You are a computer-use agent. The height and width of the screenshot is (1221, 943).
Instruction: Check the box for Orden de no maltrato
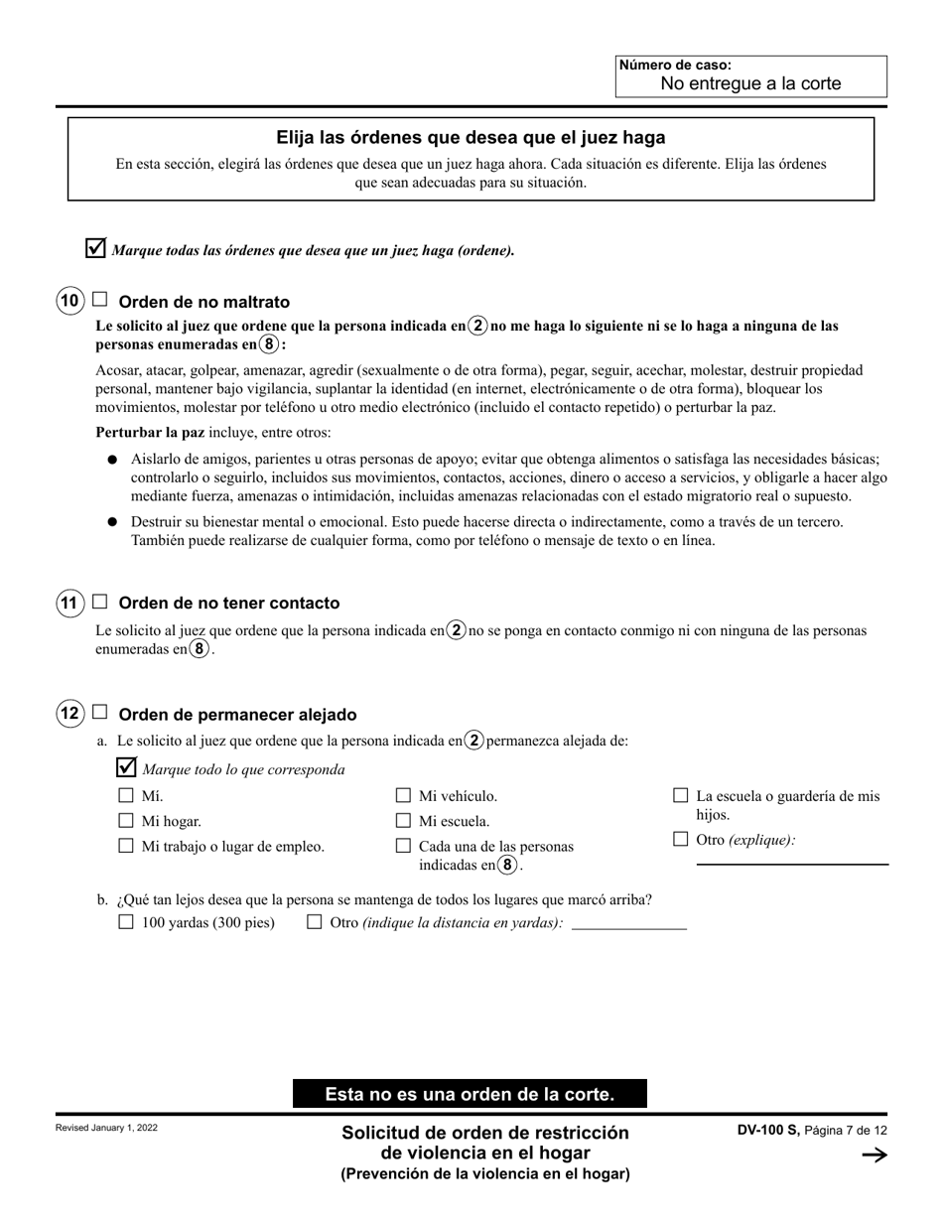pos(100,299)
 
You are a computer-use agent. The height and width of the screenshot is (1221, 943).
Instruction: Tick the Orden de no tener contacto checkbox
pos(100,601)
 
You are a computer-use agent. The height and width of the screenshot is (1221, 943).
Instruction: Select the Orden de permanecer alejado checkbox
pos(100,712)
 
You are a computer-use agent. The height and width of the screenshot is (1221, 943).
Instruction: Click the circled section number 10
pos(69,301)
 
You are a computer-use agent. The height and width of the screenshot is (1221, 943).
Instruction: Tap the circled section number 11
pos(69,603)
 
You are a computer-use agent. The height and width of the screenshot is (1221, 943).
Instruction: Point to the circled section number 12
pos(69,714)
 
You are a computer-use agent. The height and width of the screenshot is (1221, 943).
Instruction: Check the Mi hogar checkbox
pos(126,820)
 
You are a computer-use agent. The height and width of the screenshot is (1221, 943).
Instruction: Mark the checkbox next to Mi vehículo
pos(403,795)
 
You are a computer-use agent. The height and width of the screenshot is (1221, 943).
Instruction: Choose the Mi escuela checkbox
pos(403,820)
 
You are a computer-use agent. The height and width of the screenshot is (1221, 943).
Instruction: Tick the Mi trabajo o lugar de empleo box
pos(126,846)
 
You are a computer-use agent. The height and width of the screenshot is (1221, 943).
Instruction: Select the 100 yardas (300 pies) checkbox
pos(126,921)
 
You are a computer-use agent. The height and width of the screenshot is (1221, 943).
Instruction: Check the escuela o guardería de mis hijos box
pos(681,795)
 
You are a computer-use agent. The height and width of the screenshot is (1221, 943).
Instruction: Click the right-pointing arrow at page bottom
pos(875,1154)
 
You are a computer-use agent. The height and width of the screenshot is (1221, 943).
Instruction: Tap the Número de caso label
pos(675,66)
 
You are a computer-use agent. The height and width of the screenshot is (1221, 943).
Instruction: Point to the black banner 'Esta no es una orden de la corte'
pos(470,1094)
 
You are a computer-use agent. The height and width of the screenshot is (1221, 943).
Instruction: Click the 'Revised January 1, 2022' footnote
pos(106,1128)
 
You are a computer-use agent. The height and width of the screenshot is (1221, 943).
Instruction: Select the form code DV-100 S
pos(767,1130)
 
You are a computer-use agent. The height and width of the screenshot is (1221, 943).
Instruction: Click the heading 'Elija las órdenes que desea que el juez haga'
pos(471,138)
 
